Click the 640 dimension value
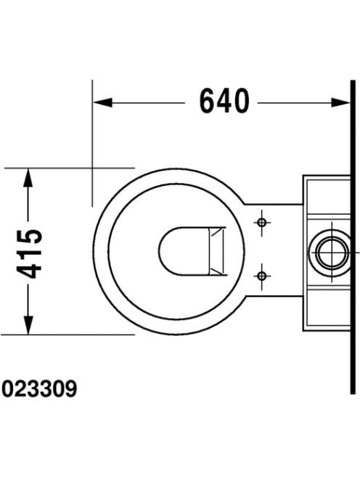pyautogui.click(x=224, y=101)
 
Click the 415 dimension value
pyautogui.click(x=29, y=253)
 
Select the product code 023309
pyautogui.click(x=39, y=389)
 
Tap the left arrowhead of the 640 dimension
pyautogui.click(x=102, y=102)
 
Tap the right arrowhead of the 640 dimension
pyautogui.click(x=340, y=102)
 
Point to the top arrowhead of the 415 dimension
pyautogui.click(x=28, y=177)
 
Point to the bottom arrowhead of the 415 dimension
pyautogui.click(x=28, y=325)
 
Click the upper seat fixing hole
pyautogui.click(x=262, y=222)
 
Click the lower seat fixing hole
pyautogui.click(x=262, y=276)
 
